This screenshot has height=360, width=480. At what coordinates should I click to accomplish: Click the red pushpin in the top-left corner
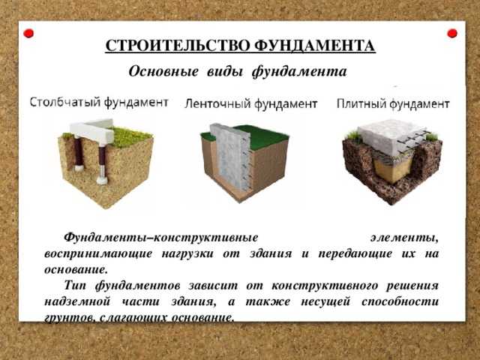(x=29, y=34)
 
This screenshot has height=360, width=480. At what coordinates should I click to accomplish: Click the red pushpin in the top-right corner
(x=452, y=34)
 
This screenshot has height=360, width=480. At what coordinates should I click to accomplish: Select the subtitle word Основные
(x=163, y=72)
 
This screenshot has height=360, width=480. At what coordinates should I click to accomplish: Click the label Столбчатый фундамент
(x=98, y=103)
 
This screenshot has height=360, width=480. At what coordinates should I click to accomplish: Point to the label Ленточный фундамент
(x=250, y=104)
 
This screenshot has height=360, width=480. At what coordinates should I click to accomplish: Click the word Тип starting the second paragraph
(x=75, y=286)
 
